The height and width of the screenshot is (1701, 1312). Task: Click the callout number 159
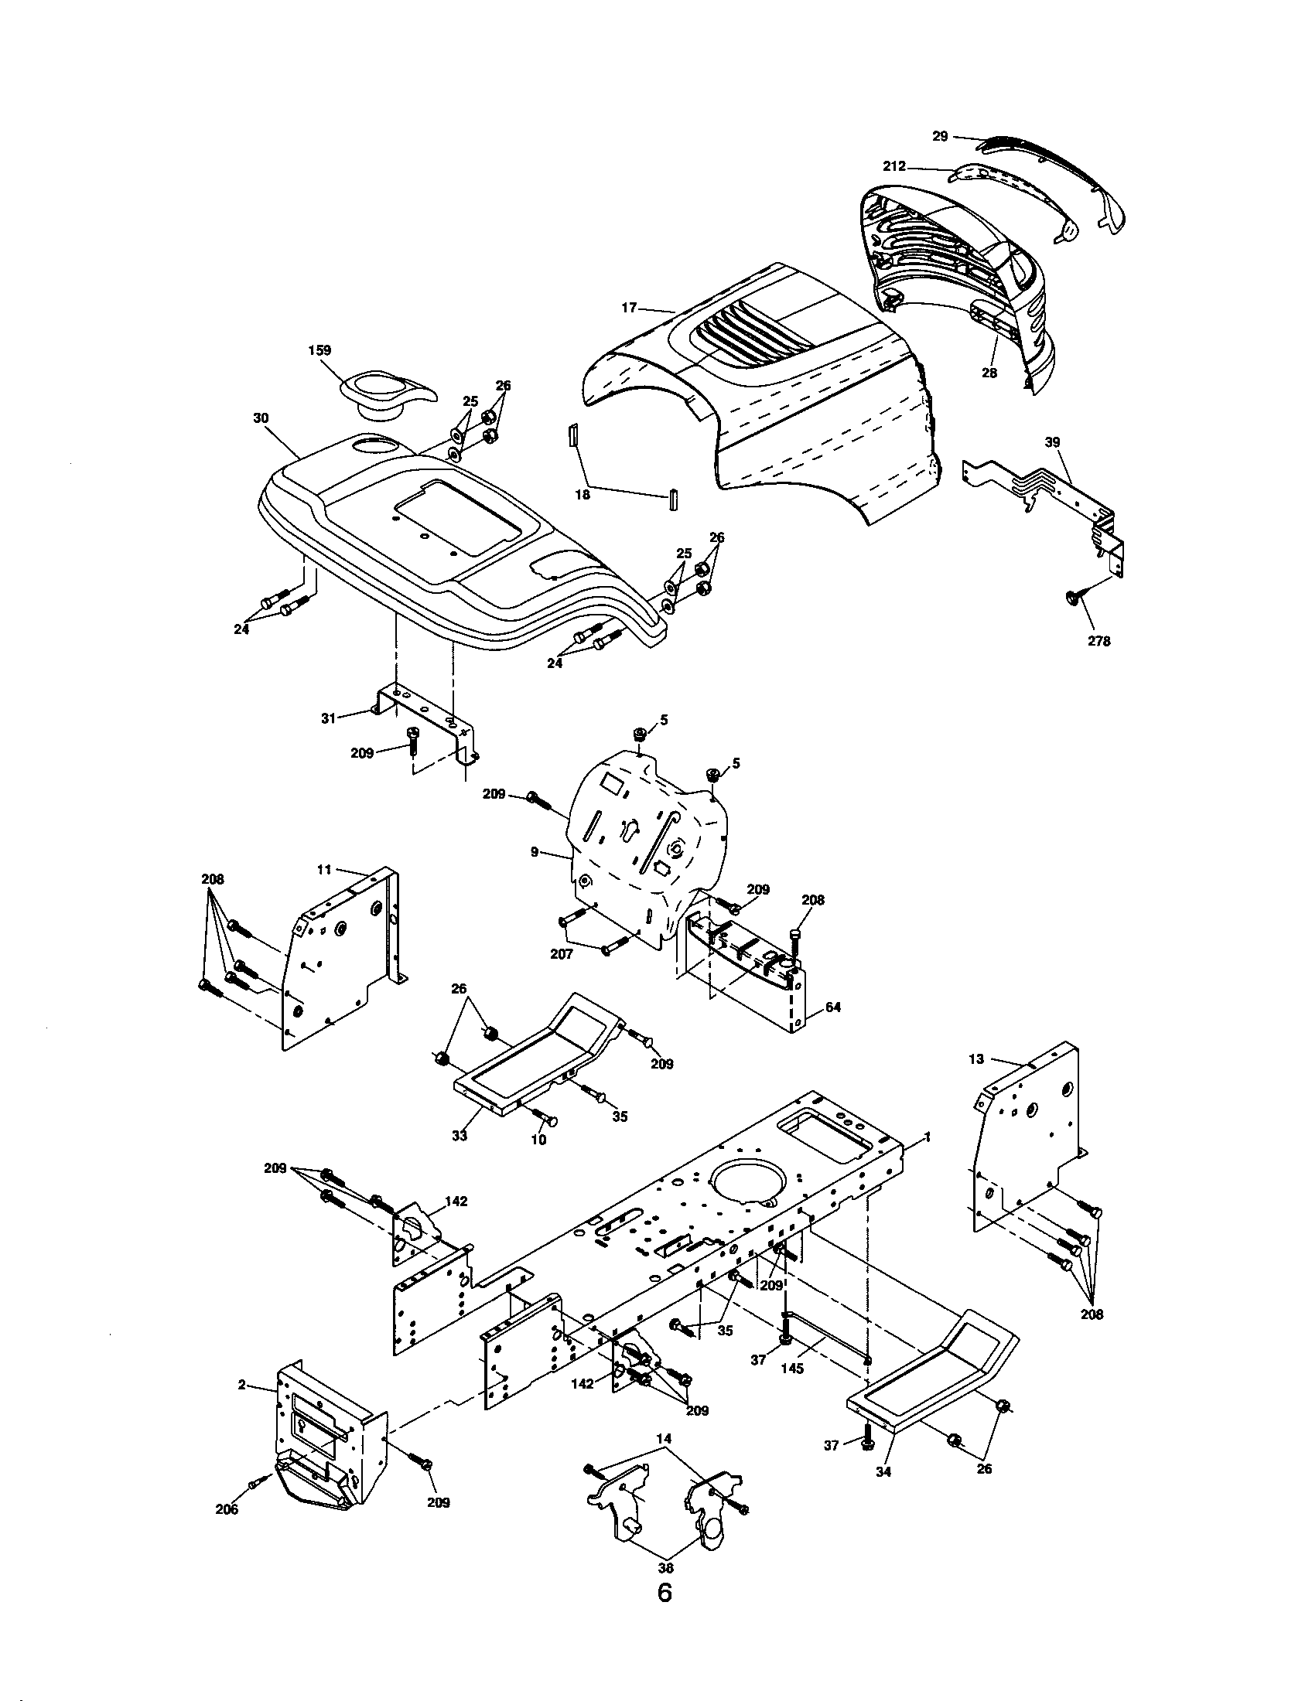[x=320, y=351]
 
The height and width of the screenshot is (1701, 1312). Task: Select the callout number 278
[x=1099, y=642]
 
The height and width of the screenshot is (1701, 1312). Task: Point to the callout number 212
[x=894, y=166]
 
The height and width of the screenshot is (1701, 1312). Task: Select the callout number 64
[x=833, y=1007]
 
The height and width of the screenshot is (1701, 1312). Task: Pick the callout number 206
[x=227, y=1509]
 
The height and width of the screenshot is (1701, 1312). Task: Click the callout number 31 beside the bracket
[x=329, y=718]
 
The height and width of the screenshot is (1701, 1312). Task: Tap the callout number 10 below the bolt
[x=538, y=1140]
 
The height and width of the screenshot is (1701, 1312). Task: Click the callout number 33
[x=460, y=1136]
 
